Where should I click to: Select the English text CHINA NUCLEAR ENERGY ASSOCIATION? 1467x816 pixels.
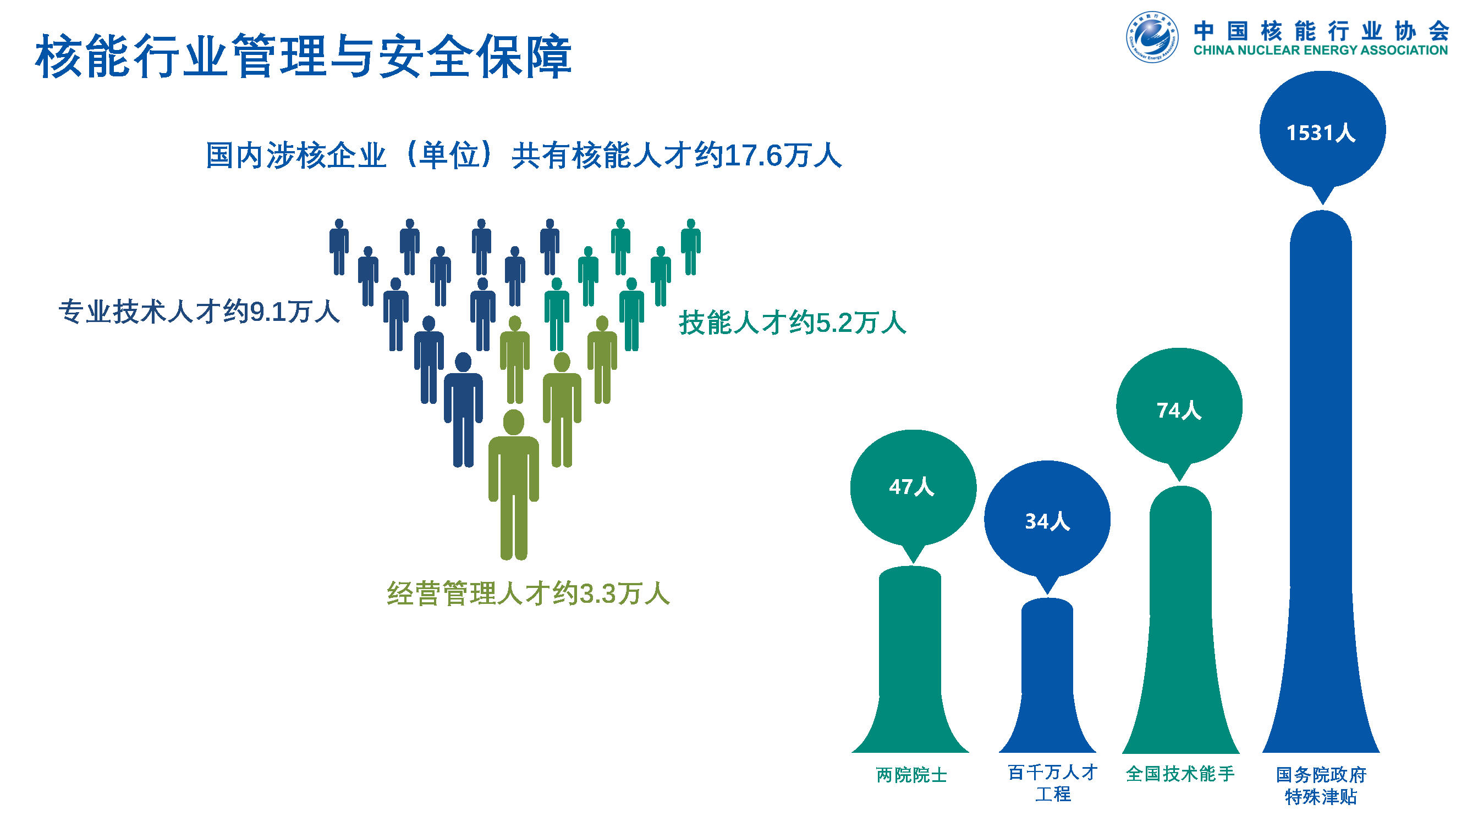point(1320,51)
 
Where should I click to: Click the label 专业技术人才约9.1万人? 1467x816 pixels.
point(199,312)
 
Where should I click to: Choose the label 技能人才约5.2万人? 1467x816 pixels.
point(792,323)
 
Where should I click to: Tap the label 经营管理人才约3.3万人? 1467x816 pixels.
point(529,593)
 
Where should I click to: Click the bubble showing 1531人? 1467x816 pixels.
point(1322,131)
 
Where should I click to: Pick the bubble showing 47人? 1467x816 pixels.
point(914,487)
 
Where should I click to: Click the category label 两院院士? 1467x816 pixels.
point(911,774)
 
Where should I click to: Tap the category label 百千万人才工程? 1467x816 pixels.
point(1052,783)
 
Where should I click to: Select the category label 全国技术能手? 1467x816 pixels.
point(1180,773)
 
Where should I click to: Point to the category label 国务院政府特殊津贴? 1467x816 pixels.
point(1321,785)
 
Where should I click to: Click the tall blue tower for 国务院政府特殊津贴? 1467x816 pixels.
point(1321,484)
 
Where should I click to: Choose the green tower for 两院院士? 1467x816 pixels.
point(910,660)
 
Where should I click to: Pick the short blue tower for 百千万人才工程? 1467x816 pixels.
point(1047,677)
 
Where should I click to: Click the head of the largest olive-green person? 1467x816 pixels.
point(514,422)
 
